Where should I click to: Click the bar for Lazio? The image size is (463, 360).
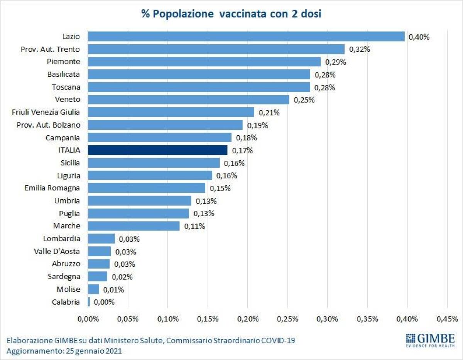(x=246, y=37)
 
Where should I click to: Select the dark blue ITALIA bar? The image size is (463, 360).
(x=157, y=150)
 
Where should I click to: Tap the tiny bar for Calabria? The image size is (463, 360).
(x=89, y=302)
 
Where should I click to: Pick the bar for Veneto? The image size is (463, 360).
(x=188, y=99)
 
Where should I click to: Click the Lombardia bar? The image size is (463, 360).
(x=101, y=239)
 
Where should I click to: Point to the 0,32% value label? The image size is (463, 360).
(x=360, y=49)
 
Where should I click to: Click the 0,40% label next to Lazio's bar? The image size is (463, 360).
(x=419, y=37)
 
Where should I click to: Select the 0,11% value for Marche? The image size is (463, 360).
(x=194, y=226)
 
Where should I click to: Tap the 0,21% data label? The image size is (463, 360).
(x=269, y=113)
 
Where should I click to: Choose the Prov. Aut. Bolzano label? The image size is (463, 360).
(x=49, y=125)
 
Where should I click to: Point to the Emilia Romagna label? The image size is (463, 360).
(x=52, y=188)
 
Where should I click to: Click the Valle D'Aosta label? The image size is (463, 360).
(x=57, y=251)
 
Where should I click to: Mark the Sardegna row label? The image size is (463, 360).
(x=64, y=276)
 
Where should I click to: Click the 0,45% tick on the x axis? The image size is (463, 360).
(x=447, y=319)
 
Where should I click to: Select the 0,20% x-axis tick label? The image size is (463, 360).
(x=248, y=319)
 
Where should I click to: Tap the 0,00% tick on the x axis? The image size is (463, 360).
(x=88, y=319)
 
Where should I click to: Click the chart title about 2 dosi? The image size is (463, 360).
(x=231, y=14)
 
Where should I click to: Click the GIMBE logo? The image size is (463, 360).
(x=430, y=340)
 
